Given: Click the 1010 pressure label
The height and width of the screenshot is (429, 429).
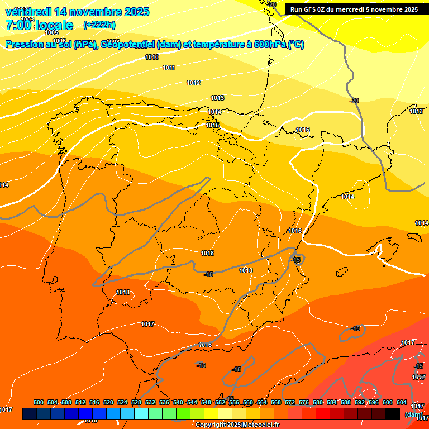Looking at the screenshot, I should click(x=152, y=57).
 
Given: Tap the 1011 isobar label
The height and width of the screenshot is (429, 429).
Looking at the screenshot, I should click(x=169, y=68).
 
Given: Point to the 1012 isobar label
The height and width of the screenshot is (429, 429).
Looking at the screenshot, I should click(x=193, y=83).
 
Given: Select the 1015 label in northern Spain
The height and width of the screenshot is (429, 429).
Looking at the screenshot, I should click(x=212, y=126).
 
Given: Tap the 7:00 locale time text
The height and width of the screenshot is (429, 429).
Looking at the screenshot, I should click(x=39, y=25).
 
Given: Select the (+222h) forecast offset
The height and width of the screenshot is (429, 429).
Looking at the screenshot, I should click(x=99, y=25).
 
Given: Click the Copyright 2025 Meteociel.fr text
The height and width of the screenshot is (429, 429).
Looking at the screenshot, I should click(x=237, y=425).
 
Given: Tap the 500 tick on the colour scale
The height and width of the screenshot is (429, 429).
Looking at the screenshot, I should click(x=39, y=402).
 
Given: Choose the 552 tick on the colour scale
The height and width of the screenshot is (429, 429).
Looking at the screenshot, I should click(x=220, y=402).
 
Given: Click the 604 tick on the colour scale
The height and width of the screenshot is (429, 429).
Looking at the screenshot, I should click(x=402, y=402).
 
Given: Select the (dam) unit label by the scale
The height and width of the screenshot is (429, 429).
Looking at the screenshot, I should click(x=413, y=414).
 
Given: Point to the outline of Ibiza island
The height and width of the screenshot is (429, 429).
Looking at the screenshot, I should click(x=340, y=273).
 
